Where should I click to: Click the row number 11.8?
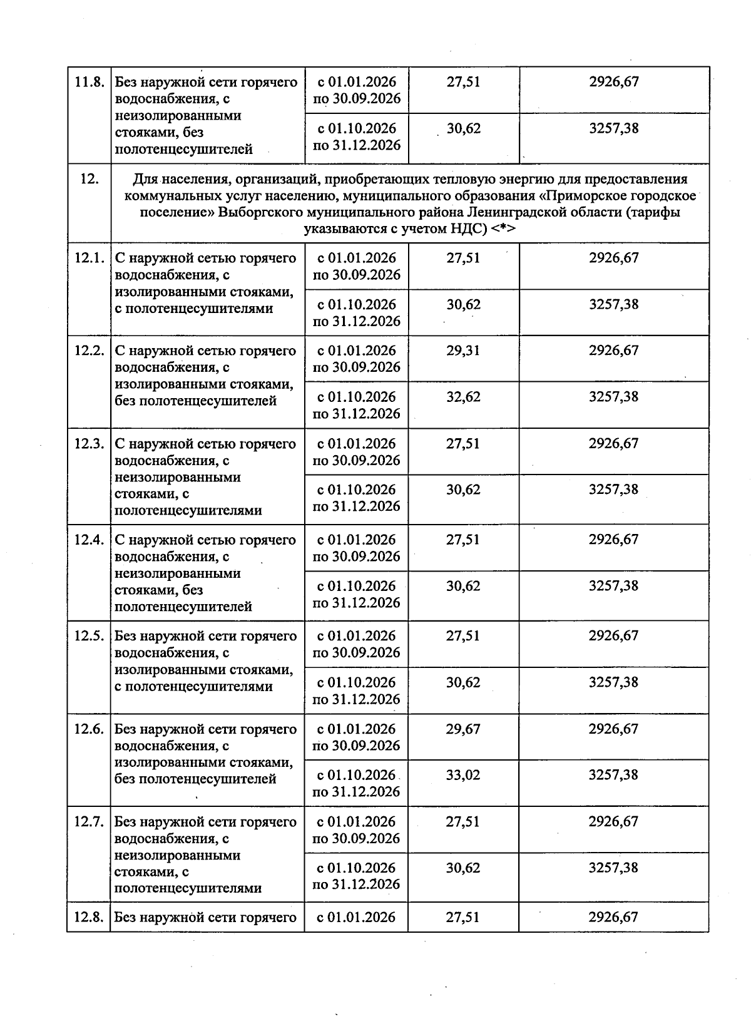pyautogui.click(x=89, y=83)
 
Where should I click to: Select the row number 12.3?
pyautogui.click(x=89, y=444)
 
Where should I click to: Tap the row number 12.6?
pyautogui.click(x=89, y=729)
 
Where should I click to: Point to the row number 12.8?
pyautogui.click(x=89, y=918)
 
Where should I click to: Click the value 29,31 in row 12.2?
pyautogui.click(x=463, y=351)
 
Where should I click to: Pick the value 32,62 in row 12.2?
pyautogui.click(x=463, y=397)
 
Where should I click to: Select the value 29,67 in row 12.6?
pyautogui.click(x=463, y=729)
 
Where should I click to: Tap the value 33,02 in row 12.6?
pyautogui.click(x=463, y=775)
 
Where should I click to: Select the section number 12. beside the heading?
pyautogui.click(x=89, y=179)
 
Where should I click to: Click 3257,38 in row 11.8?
pyautogui.click(x=614, y=129)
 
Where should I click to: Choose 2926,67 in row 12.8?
pyautogui.click(x=613, y=918)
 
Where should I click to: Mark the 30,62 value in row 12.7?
pyautogui.click(x=463, y=868)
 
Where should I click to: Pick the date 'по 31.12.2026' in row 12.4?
pyautogui.click(x=356, y=603)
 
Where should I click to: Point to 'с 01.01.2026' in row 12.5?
pyautogui.click(x=356, y=636)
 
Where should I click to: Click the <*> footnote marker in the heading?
pyautogui.click(x=503, y=229)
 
